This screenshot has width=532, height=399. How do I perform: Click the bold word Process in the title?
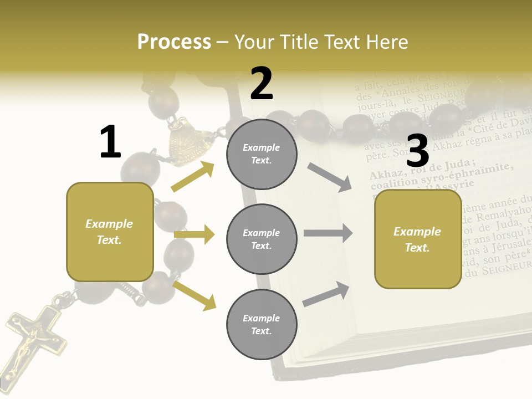(x=174, y=42)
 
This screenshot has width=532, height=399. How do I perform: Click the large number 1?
(x=110, y=142)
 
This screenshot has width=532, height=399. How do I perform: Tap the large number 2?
(x=262, y=84)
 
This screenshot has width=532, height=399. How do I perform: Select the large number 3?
(x=417, y=151)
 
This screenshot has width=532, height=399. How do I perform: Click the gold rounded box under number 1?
(x=110, y=232)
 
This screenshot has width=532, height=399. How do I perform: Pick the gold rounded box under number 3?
(x=418, y=239)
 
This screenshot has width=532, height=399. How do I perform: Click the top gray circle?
(x=262, y=154)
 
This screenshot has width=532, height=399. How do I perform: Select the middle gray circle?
(x=262, y=239)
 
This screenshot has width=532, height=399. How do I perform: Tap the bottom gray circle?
(x=262, y=325)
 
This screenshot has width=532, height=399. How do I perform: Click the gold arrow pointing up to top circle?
(x=193, y=176)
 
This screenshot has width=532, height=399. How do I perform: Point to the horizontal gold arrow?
(x=194, y=234)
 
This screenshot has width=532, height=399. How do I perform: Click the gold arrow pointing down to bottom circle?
(x=194, y=295)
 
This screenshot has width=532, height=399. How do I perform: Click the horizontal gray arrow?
(x=328, y=233)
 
